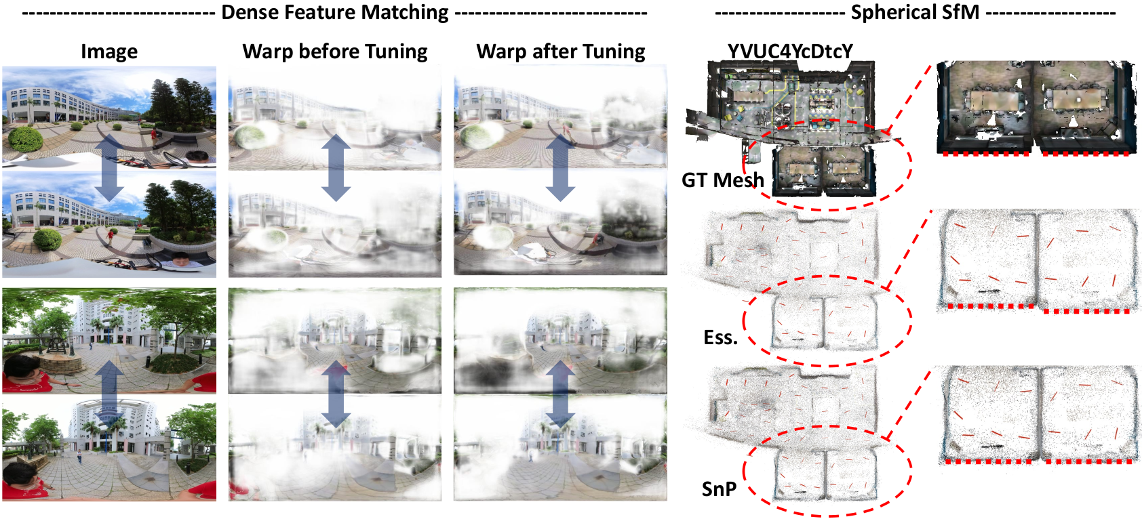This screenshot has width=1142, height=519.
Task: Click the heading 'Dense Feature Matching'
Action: [x=335, y=12]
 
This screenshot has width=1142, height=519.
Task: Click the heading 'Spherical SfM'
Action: [x=915, y=12]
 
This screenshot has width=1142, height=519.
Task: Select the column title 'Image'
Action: [x=109, y=51]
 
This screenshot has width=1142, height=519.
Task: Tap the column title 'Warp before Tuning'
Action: [x=335, y=51]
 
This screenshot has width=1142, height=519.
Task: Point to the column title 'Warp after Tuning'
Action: [x=561, y=51]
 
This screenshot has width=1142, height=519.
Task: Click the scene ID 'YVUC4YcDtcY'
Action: [x=790, y=51]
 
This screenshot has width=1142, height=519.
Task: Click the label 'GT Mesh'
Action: [x=722, y=180]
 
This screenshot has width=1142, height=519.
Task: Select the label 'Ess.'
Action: [x=720, y=337]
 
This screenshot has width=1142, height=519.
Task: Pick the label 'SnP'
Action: [x=719, y=489]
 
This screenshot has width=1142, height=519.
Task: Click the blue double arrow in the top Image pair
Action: [x=109, y=167]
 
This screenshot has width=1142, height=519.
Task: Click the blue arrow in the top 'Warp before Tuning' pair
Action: [x=336, y=167]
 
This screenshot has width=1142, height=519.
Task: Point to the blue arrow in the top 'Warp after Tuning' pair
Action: [x=560, y=167]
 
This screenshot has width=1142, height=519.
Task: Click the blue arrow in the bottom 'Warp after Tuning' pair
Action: [x=560, y=393]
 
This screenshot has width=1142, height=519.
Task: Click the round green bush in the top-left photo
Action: [x=26, y=138]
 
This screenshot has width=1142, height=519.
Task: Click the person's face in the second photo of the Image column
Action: [x=181, y=259]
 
